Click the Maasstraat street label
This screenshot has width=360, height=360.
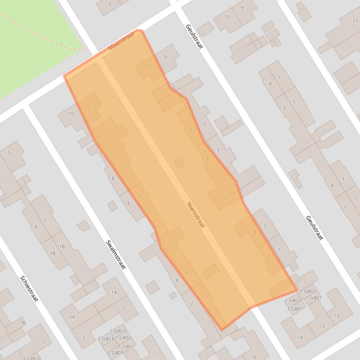[x=121, y=41]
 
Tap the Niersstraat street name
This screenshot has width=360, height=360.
[x=196, y=215]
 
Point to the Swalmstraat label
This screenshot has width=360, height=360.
[x=116, y=255]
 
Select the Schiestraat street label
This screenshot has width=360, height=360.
[x=29, y=288]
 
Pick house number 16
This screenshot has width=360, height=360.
[x=254, y=358]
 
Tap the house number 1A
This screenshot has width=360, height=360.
[x=114, y=293]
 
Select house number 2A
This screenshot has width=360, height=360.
[x=72, y=317]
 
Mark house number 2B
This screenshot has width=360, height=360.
[x=52, y=253]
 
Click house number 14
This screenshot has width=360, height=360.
[x=300, y=338]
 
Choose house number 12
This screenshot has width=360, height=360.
[x=322, y=326]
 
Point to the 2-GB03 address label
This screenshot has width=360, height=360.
[x=105, y=338]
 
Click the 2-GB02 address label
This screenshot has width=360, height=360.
[x=292, y=301]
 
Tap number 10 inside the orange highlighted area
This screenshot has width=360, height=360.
[x=149, y=65]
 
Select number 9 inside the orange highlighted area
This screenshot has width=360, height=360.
[x=88, y=106]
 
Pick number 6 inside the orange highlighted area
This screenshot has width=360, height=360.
[x=208, y=158]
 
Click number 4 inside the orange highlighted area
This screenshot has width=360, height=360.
[x=254, y=232]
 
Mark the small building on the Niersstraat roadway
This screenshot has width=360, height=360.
[x=179, y=163]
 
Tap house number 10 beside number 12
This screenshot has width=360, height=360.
[x=337, y=316]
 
